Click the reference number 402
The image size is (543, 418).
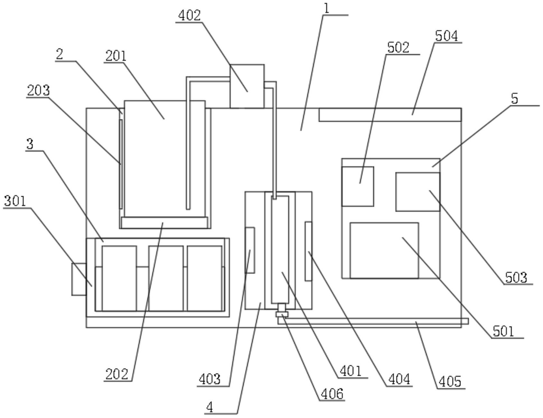(189, 15)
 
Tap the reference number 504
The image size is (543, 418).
(446, 36)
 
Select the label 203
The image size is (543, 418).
(38, 91)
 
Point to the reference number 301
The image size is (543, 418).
(15, 201)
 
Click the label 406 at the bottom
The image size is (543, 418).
(332, 394)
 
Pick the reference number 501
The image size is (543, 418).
(504, 331)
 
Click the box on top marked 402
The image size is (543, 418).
(247, 86)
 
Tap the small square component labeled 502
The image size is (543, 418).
(358, 186)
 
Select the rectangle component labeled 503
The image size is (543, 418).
(418, 192)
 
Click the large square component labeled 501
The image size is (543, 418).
(384, 250)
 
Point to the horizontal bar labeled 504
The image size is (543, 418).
(390, 115)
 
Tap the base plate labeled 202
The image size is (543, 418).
(164, 223)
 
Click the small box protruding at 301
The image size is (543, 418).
(79, 279)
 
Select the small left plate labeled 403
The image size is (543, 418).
(250, 250)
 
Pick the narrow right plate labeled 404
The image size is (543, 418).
(308, 251)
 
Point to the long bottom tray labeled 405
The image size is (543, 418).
(373, 321)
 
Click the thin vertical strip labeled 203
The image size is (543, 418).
(121, 164)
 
